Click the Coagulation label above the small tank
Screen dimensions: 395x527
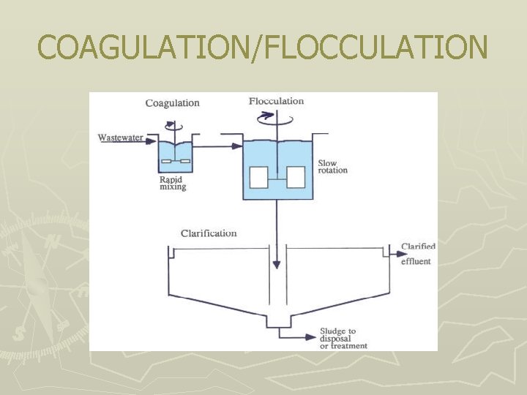(172, 102)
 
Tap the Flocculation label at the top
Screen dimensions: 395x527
(276, 101)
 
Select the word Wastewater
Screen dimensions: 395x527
(121, 138)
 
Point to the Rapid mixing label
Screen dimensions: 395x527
(173, 183)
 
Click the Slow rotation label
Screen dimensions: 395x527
(332, 167)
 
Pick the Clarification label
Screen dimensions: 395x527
(209, 233)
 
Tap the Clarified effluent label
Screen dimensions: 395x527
(418, 254)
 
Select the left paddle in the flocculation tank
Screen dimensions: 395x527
(258, 178)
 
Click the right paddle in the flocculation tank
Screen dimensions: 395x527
(296, 178)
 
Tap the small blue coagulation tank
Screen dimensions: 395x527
(175, 159)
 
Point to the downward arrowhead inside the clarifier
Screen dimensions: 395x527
(276, 264)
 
